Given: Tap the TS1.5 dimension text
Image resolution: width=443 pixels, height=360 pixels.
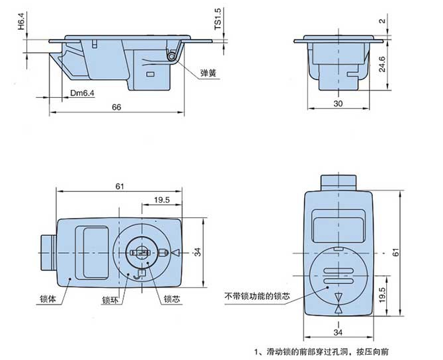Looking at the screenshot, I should coord(218,18).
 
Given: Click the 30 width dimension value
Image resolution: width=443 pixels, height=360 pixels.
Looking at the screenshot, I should coord(338,104).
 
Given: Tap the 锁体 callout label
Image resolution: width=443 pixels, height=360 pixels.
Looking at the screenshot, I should coord(47,299).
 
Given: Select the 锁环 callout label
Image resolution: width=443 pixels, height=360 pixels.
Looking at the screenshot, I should coord(110,299).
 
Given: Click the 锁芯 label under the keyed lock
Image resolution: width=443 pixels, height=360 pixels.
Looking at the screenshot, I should coord(171,299).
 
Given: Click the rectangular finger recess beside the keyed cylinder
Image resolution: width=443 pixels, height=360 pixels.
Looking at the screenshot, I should coord(93,252).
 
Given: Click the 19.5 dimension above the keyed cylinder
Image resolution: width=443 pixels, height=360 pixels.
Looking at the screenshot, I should coord(161,198).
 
